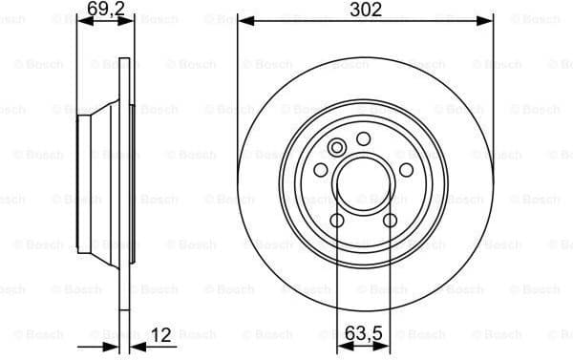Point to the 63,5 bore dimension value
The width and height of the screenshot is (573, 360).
tap(365, 334)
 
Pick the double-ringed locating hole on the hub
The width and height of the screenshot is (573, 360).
tap(337, 148)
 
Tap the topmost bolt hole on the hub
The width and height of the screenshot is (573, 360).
tap(364, 139)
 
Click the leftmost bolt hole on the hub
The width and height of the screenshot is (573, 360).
tap(322, 170)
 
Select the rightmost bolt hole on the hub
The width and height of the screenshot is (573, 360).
tap(406, 170)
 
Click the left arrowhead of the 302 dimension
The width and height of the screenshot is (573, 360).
tap(244, 21)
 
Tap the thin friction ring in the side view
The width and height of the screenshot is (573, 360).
tap(122, 181)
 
